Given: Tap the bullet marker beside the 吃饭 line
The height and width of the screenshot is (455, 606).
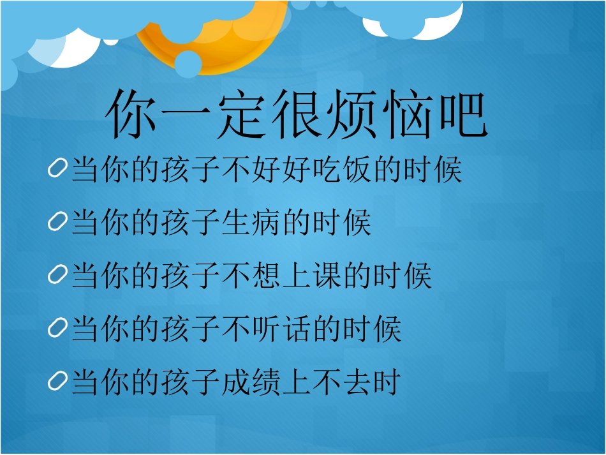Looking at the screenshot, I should [x=57, y=170].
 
